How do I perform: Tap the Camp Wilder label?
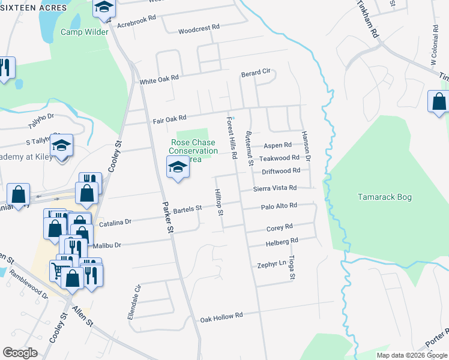[x=84, y=32]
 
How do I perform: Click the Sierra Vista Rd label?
[x=275, y=188]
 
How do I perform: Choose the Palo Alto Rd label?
[x=279, y=206]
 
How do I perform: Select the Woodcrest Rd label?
[x=199, y=28]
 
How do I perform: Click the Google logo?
[x=20, y=353]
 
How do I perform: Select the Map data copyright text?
[x=412, y=355]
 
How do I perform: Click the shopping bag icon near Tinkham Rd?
[x=439, y=102]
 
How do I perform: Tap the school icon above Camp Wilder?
[x=104, y=8]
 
